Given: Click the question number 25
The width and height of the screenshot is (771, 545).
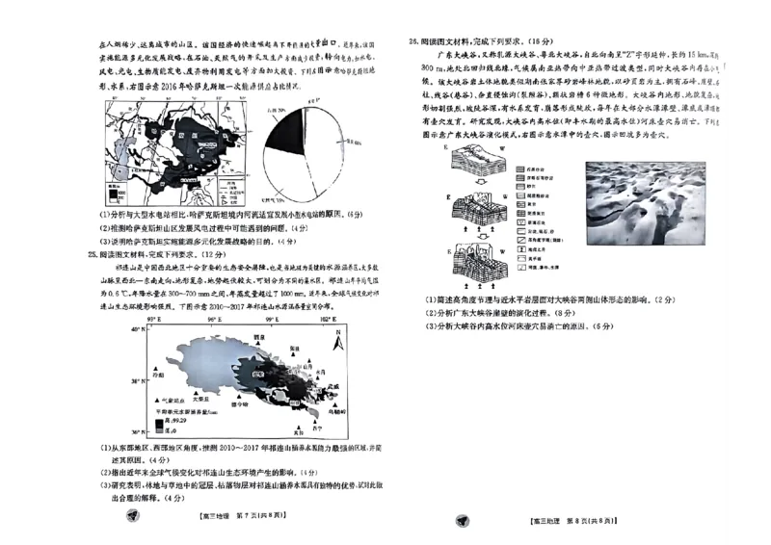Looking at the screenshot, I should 93,253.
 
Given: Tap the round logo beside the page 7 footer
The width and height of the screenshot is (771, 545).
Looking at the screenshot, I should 132,518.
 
